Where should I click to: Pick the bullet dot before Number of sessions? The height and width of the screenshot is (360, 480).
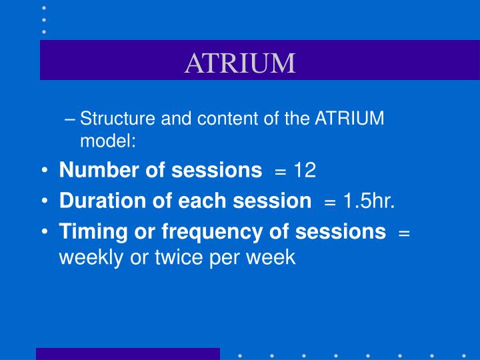[44, 171]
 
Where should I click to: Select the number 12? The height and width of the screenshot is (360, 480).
[305, 170]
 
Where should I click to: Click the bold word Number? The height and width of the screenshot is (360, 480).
[90, 170]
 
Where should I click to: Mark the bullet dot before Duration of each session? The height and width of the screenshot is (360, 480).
[44, 201]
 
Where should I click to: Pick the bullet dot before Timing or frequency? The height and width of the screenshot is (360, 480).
[44, 232]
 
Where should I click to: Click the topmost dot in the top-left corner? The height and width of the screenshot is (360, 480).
[44, 7]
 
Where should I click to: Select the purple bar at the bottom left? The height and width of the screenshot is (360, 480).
[127, 353]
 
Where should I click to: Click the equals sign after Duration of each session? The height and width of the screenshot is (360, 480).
[331, 201]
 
